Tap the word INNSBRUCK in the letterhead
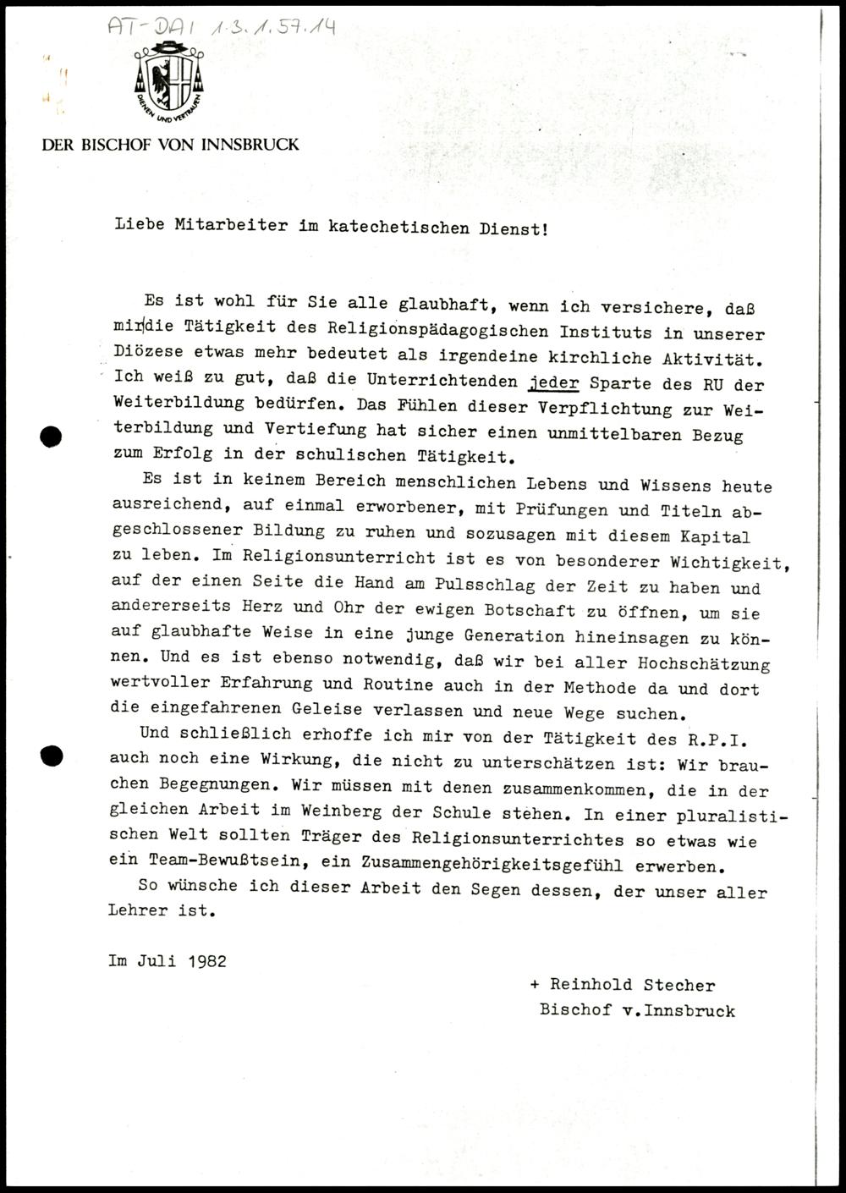point(250,145)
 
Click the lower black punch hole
point(52,756)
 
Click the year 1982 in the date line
point(208,961)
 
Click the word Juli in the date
point(159,961)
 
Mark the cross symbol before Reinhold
point(534,985)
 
